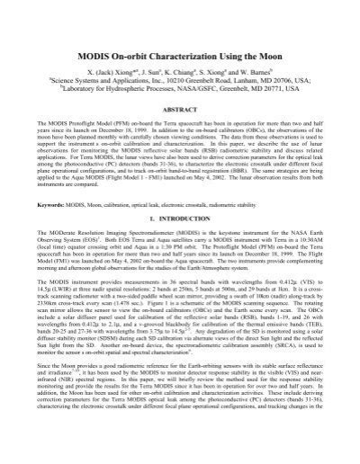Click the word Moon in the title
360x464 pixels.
coord(278,46)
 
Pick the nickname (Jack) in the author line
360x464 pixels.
coord(103,69)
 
